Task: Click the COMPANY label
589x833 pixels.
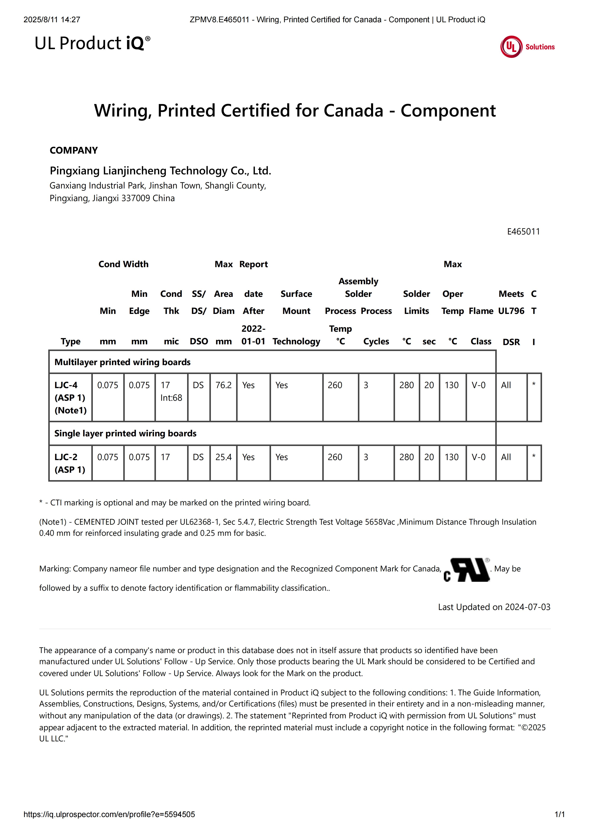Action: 74,150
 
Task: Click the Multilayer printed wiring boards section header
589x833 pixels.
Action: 122,362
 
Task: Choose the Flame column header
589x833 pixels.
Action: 481,311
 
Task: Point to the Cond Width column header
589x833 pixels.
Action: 123,264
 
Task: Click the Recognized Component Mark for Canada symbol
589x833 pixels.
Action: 466,570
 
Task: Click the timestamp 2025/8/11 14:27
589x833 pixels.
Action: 52,20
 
